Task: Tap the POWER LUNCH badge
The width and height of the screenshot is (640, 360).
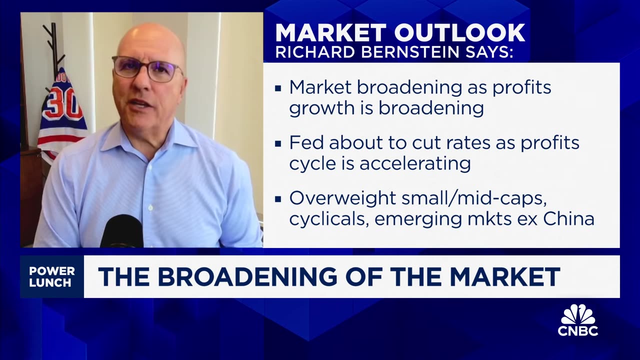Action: coord(52,277)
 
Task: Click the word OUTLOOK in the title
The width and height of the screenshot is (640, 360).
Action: coord(459,33)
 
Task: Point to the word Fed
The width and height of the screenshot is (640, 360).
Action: coord(305,143)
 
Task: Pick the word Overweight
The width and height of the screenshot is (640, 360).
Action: coord(342,198)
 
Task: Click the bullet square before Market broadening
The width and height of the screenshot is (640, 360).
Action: coord(278,88)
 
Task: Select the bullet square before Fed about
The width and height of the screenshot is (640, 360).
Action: coord(278,143)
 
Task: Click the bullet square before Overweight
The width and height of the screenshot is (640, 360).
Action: coord(278,198)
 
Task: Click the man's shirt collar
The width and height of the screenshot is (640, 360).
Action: coord(150,140)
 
